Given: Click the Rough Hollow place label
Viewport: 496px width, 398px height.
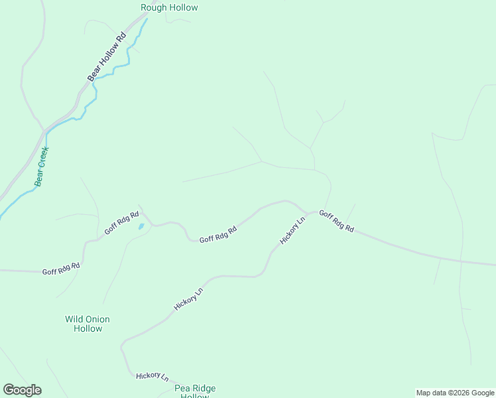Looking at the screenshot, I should tap(169, 8).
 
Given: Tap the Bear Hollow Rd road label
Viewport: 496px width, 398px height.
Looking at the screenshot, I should tap(107, 58).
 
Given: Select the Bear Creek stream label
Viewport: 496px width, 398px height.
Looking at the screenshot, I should tap(42, 166).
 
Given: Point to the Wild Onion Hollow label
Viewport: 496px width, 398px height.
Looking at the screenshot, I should tap(88, 324).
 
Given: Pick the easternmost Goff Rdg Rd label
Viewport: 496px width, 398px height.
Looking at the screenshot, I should tap(336, 222).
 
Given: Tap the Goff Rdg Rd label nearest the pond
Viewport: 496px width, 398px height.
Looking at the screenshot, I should tap(121, 223).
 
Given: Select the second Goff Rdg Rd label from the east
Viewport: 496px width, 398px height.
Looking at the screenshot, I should tap(218, 235).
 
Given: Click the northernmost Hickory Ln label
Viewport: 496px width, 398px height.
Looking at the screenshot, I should tap(292, 230).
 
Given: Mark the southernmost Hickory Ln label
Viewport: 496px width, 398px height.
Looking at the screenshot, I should tap(152, 376).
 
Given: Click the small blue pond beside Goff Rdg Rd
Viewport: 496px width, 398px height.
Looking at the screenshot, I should tap(141, 226).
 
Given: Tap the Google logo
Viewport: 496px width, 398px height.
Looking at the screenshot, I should tap(22, 390).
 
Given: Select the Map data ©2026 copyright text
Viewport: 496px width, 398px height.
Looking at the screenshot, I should tap(455, 393).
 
